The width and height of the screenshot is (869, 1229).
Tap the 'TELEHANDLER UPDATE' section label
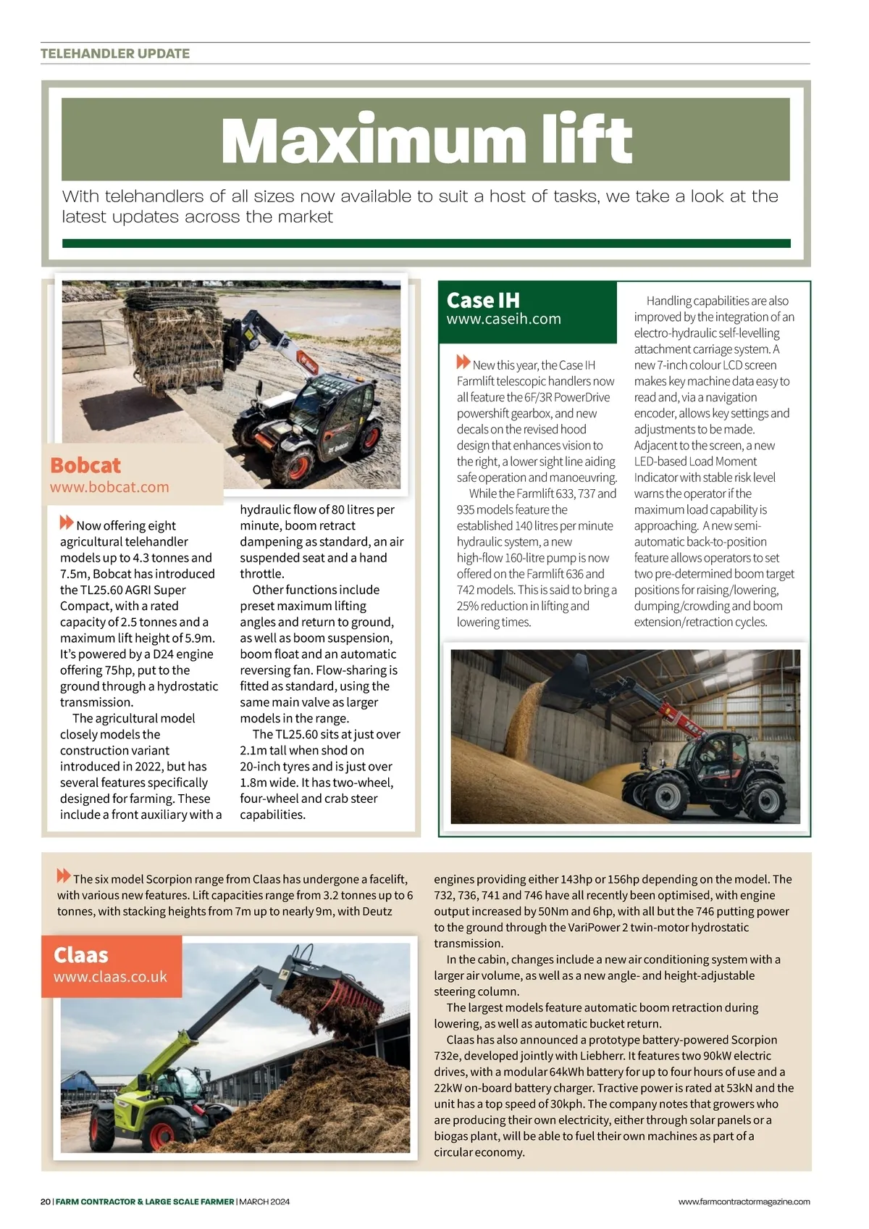point(115,54)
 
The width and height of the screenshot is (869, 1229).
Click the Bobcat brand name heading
point(85,465)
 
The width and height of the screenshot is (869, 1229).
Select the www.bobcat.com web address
point(109,487)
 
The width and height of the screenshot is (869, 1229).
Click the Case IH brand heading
point(483,300)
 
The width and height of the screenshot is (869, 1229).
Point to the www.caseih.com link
point(503,319)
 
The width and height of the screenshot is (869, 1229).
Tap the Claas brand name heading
point(81,955)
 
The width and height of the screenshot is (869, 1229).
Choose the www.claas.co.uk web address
point(110,977)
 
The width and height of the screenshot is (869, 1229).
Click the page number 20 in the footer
point(46,1201)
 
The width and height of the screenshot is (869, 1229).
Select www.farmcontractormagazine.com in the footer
point(744,1201)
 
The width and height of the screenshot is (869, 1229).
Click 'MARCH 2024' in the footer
point(264,1201)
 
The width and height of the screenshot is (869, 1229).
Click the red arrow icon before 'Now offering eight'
point(67,522)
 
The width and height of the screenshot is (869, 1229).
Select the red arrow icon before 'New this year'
point(463,362)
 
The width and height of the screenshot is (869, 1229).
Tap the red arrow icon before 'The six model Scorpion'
point(64,875)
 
